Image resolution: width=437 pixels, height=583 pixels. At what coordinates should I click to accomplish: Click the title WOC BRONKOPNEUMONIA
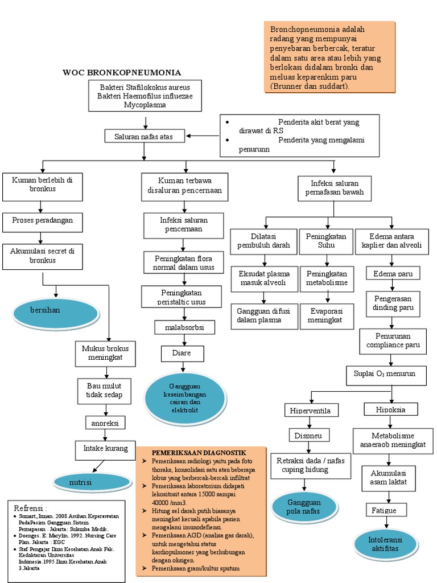[122, 72]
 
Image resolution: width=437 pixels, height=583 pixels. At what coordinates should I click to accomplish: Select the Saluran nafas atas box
[143, 136]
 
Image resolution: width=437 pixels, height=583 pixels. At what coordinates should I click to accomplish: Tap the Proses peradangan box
[42, 220]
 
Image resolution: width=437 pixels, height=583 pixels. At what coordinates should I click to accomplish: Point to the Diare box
[182, 354]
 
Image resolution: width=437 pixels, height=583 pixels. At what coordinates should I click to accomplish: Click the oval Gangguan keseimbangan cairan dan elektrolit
[184, 395]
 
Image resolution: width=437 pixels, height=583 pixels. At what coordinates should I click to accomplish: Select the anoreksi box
[105, 423]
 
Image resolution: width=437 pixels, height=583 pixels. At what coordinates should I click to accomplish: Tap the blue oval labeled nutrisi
[93, 483]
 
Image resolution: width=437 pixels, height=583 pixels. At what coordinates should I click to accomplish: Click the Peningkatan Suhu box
[327, 241]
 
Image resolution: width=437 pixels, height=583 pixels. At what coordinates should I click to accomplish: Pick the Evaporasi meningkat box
[325, 316]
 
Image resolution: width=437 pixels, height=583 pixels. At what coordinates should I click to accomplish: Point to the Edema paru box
[393, 274]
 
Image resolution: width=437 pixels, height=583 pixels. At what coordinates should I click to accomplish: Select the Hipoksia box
[390, 409]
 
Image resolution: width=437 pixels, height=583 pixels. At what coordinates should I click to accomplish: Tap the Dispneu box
[308, 435]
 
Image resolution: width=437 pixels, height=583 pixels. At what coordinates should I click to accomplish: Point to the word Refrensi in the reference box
[31, 507]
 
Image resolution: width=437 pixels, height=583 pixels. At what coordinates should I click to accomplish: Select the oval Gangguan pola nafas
[304, 507]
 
